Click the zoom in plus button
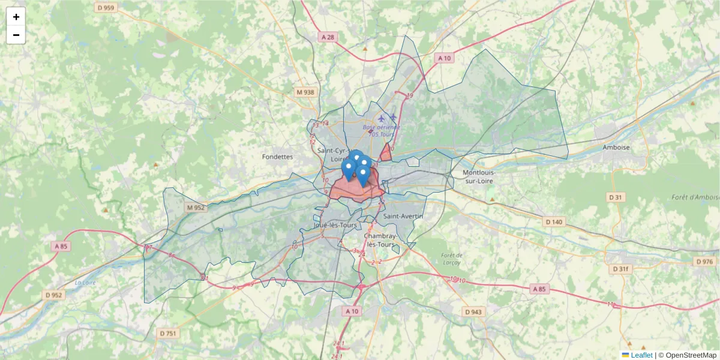16,17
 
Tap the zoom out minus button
16,35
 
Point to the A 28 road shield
328,37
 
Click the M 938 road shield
305,92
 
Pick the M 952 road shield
196,208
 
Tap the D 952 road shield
53,295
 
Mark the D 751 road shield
169,333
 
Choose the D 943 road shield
473,312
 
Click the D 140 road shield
554,222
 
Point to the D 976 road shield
704,262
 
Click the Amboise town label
617,148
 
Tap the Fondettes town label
277,157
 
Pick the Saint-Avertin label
403,216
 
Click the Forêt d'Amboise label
695,197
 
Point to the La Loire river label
86,282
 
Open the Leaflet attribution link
641,355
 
